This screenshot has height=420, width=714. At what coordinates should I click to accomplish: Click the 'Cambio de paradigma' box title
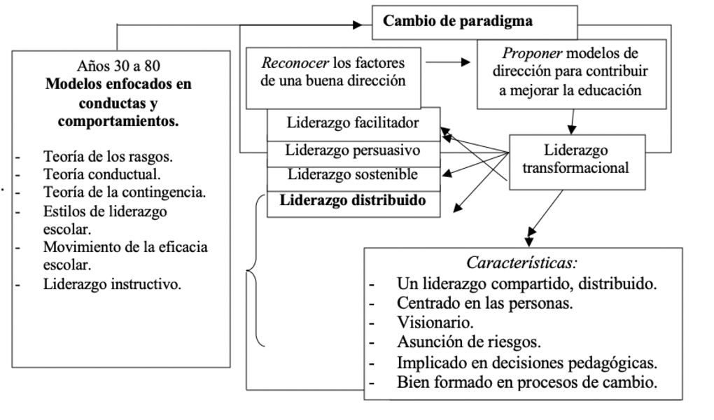pyautogui.click(x=457, y=21)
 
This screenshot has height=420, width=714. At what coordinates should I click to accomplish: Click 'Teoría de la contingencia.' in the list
pyautogui.click(x=124, y=192)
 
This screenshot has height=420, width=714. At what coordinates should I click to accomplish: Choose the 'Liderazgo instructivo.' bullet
pyautogui.click(x=113, y=284)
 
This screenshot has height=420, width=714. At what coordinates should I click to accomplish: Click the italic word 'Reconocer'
pyautogui.click(x=295, y=63)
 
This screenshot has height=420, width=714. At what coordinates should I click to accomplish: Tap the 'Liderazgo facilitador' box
pyautogui.click(x=353, y=123)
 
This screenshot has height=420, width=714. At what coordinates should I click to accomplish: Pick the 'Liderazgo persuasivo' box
pyautogui.click(x=353, y=150)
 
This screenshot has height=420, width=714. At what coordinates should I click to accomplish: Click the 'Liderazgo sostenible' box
pyautogui.click(x=353, y=174)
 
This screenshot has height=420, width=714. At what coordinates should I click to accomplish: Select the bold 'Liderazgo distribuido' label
pyautogui.click(x=353, y=199)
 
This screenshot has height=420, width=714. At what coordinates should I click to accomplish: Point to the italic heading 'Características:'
pyautogui.click(x=521, y=265)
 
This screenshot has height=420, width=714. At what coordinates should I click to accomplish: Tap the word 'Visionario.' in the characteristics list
pyautogui.click(x=435, y=323)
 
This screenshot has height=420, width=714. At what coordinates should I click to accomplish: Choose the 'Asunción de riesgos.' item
pyautogui.click(x=468, y=342)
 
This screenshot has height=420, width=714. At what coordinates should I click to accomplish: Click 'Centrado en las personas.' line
pyautogui.click(x=485, y=303)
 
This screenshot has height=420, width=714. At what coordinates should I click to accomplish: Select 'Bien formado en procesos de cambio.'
pyautogui.click(x=526, y=382)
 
